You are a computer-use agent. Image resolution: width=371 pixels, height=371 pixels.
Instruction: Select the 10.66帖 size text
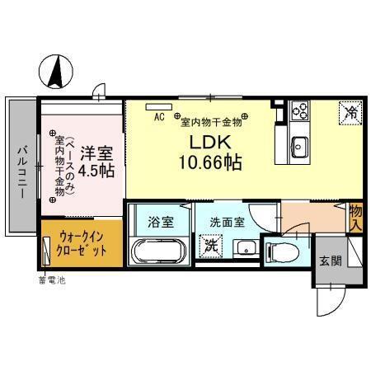click(x=209, y=162)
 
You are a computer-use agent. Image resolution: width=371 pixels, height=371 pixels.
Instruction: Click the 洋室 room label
click(x=97, y=153)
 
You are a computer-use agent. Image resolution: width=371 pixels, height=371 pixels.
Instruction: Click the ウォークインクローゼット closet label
click(x=81, y=244)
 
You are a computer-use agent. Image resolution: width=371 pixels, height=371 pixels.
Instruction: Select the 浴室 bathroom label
click(x=160, y=222)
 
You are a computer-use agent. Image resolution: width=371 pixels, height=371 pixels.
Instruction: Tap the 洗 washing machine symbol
click(x=209, y=247)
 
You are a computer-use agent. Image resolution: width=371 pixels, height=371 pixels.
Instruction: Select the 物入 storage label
click(x=356, y=217)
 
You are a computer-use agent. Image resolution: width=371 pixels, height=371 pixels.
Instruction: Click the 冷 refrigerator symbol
click(x=350, y=111)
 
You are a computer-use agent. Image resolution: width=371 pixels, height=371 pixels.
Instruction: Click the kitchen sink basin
click(x=298, y=148)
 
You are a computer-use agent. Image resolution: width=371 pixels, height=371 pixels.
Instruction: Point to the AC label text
click(x=159, y=116)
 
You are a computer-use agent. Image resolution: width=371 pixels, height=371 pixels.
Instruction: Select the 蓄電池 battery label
click(x=51, y=278)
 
